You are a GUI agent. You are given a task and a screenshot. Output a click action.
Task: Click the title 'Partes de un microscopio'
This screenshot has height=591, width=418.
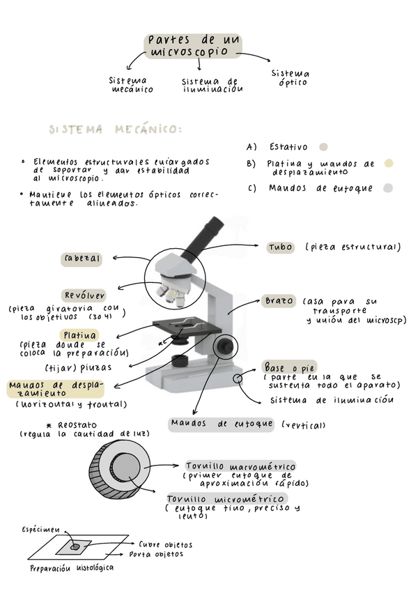pyautogui.click(x=194, y=46)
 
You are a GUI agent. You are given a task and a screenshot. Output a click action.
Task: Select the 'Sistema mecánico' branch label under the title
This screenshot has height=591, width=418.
pyautogui.click(x=132, y=85)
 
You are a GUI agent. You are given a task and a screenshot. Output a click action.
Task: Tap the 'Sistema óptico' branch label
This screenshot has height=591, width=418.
pyautogui.click(x=291, y=78)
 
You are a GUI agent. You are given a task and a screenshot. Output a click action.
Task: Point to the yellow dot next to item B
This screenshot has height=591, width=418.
pyautogui.click(x=389, y=164)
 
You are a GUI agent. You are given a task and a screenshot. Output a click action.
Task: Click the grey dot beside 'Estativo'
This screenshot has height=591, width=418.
pyautogui.click(x=323, y=147)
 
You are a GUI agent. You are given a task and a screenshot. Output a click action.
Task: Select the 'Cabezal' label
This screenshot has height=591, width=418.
pyautogui.click(x=82, y=259)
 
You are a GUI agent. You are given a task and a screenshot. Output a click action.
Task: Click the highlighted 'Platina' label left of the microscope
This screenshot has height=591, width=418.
pyautogui.click(x=79, y=335)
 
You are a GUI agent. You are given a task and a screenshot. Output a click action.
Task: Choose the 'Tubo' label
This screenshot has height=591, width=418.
pyautogui.click(x=281, y=247)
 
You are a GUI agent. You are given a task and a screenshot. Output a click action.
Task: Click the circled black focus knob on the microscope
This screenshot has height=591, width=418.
pyautogui.click(x=226, y=346)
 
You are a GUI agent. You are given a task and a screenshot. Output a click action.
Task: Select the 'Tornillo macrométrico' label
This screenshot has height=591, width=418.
pyautogui.click(x=240, y=466)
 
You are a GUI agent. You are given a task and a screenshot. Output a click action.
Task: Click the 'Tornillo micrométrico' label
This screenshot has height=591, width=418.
pyautogui.click(x=226, y=499)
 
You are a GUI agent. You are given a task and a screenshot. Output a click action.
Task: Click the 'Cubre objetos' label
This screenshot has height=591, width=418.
pyautogui.click(x=166, y=544)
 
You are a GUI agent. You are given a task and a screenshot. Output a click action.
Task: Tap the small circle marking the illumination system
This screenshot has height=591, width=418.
pyautogui.click(x=238, y=378)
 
